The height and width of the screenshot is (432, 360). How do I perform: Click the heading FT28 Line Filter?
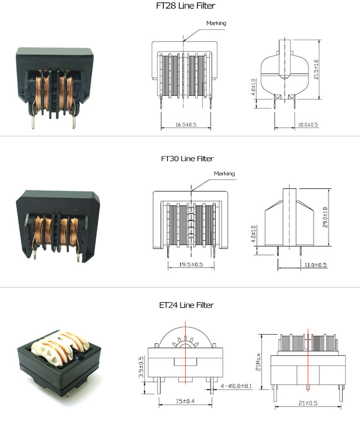(180, 6)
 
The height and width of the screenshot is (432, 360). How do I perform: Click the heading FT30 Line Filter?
(180, 158)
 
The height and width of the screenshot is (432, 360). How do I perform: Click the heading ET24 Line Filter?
(180, 305)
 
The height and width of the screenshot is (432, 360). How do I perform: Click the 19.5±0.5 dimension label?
(191, 264)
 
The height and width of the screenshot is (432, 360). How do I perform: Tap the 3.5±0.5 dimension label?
(142, 367)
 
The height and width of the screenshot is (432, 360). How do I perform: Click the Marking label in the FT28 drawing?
(216, 23)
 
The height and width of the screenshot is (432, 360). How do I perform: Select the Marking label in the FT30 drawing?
(224, 173)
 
